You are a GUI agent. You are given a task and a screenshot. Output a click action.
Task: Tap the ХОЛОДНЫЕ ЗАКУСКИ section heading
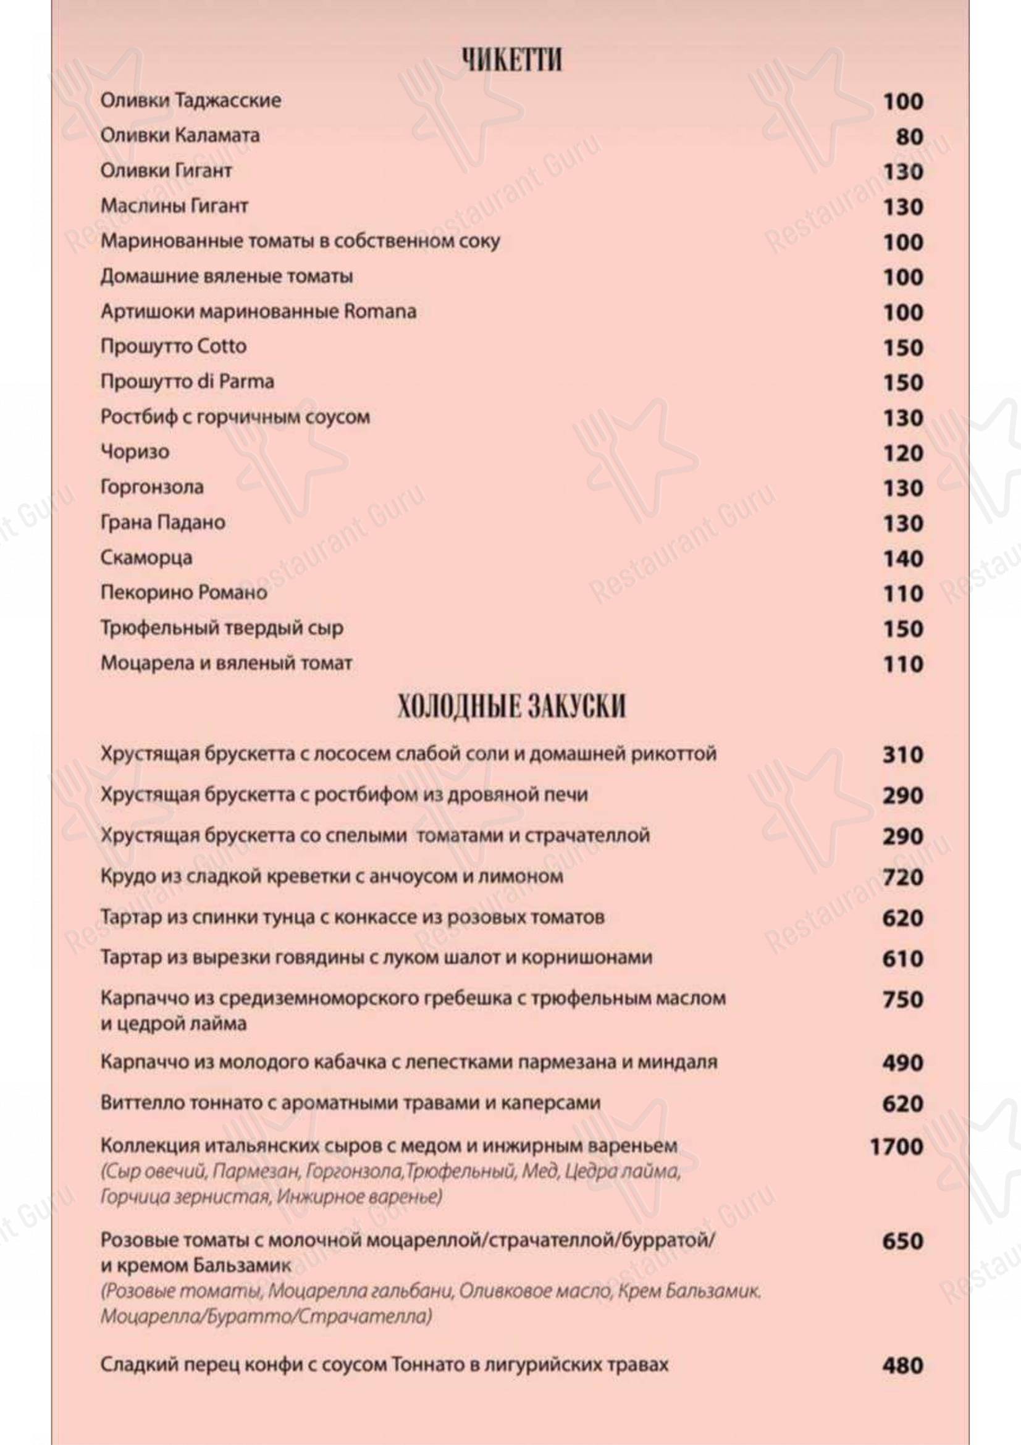511,707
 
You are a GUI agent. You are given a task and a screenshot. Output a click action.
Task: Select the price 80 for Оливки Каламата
909,137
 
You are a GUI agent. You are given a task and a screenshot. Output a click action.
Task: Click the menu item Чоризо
135,452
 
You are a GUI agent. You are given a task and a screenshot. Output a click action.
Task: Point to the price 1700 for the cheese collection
896,1147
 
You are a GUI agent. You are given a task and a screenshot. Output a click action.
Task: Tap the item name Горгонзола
152,487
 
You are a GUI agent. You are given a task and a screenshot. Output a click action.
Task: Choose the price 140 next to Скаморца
903,558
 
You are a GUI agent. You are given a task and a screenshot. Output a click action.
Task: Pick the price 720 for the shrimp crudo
902,877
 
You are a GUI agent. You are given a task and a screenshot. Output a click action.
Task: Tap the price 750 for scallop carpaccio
902,1000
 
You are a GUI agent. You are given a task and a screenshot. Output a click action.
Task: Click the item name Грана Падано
163,523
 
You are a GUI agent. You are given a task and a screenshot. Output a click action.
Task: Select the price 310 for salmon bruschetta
902,754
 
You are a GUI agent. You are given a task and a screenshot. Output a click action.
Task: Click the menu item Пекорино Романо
183,593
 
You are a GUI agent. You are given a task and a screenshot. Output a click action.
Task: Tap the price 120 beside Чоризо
903,453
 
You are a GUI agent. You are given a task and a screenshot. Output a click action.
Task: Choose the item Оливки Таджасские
191,101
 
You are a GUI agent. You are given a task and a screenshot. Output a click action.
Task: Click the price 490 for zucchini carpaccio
902,1063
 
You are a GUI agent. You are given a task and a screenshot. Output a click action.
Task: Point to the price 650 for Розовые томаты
902,1241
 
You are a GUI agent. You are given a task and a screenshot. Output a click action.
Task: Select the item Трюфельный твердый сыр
222,628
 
